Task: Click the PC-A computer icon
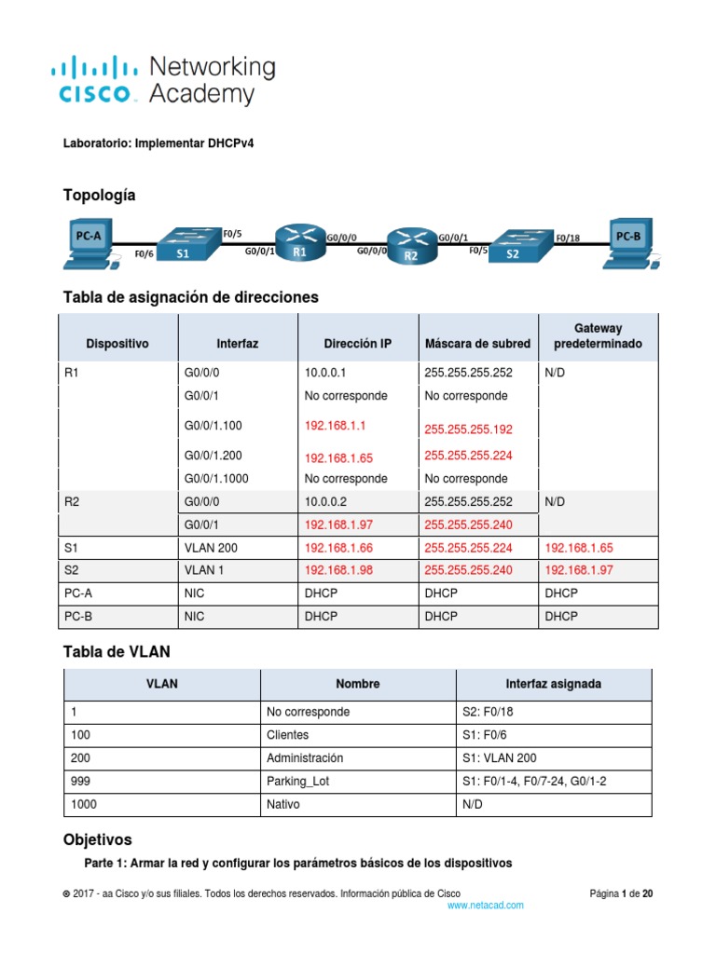pyautogui.click(x=90, y=243)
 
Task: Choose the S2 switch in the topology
pyautogui.click(x=515, y=247)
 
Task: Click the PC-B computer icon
pyautogui.click(x=631, y=242)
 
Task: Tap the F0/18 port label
pyautogui.click(x=568, y=238)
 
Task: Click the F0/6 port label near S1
pyautogui.click(x=144, y=253)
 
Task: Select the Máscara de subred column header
pyautogui.click(x=477, y=344)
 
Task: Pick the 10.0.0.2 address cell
pyautogui.click(x=326, y=501)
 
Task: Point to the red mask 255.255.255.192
pyautogui.click(x=468, y=429)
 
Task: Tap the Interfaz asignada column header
pyautogui.click(x=553, y=684)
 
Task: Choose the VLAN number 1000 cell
pyautogui.click(x=82, y=804)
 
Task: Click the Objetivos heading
pyautogui.click(x=97, y=839)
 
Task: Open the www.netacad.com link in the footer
pyautogui.click(x=485, y=906)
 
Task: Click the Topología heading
pyautogui.click(x=99, y=195)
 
